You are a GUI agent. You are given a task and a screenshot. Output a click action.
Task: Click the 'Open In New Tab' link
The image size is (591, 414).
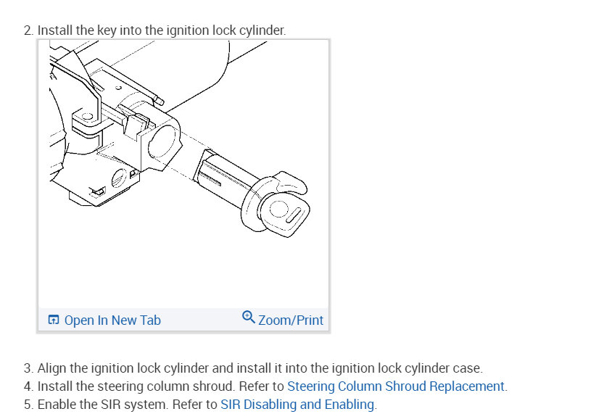(112, 320)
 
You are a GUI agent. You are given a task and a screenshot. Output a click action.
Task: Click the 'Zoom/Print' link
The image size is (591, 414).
(291, 320)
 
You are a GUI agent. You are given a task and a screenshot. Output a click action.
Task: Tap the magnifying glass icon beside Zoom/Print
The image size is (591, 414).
(248, 318)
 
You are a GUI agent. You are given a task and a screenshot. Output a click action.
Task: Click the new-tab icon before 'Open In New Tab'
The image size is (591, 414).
(54, 320)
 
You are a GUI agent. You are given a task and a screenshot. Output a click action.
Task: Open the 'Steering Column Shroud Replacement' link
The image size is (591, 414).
(395, 386)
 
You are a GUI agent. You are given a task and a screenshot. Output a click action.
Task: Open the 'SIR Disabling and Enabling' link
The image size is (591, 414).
(297, 404)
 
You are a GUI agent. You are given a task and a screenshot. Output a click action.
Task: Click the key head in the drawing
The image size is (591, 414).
(284, 210)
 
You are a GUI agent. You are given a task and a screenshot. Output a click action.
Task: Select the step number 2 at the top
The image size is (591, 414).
(28, 30)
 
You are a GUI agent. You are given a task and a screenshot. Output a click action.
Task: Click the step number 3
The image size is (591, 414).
(28, 368)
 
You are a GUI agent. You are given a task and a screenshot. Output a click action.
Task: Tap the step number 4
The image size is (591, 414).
(28, 386)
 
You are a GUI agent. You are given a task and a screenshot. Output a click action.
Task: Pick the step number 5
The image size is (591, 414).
(28, 404)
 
